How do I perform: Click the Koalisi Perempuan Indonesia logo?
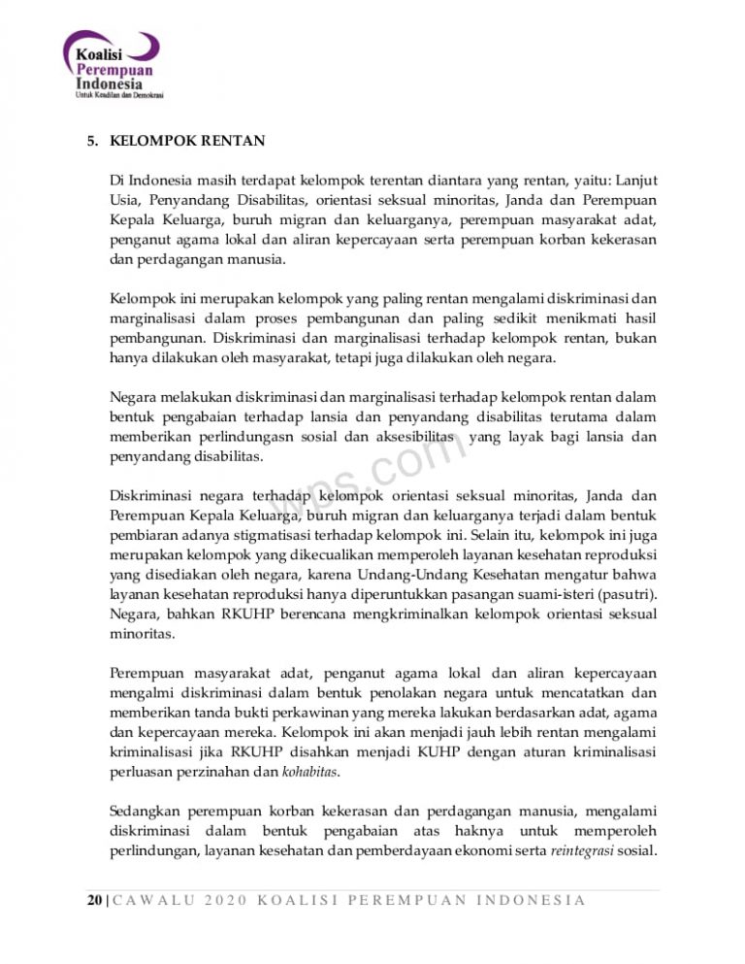[x=113, y=62]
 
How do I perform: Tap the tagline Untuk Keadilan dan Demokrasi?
[x=118, y=95]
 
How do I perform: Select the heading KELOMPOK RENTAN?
[x=188, y=141]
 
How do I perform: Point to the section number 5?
[x=92, y=141]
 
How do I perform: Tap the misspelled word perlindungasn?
[x=231, y=438]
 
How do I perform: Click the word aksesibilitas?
[x=405, y=438]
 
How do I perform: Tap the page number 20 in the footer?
[x=92, y=900]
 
